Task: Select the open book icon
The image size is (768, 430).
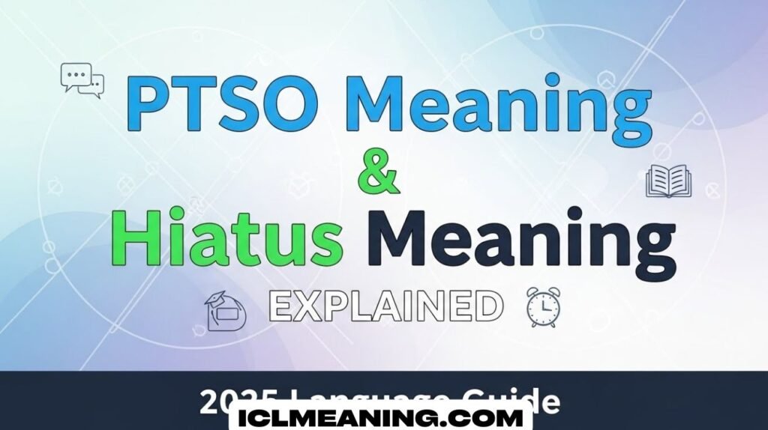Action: pos(668,182)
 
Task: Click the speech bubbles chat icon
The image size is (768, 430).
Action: pos(82,79)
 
